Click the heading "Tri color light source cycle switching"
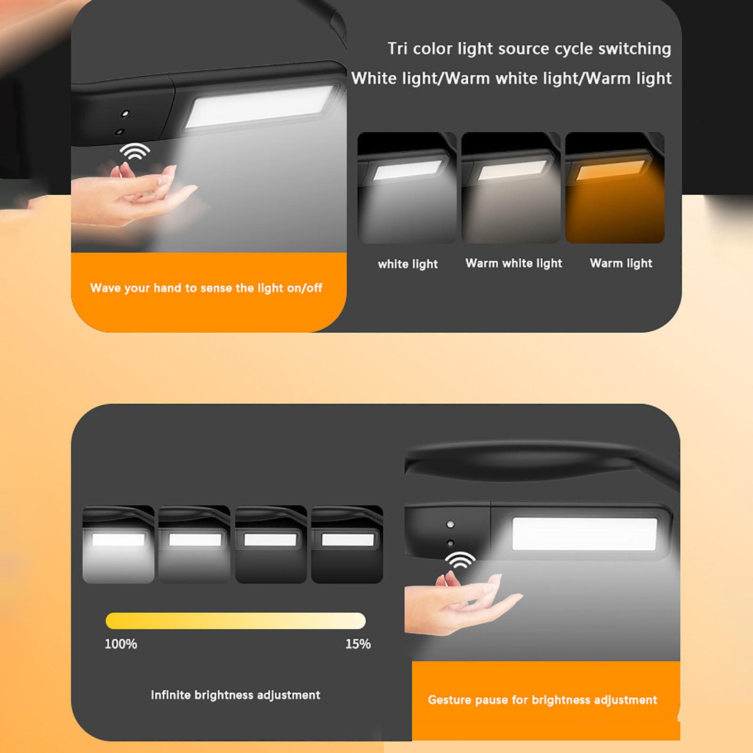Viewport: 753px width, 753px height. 529,49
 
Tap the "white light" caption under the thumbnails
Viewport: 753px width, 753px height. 408,264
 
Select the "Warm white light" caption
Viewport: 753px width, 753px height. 514,263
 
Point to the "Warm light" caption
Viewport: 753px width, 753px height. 621,263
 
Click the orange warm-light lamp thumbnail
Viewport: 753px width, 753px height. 615,188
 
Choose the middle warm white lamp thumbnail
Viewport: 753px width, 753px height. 511,188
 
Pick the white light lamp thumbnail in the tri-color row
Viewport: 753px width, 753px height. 407,188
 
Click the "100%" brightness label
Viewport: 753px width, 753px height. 121,644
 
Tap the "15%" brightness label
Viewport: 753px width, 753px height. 358,644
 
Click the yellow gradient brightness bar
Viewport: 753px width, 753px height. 236,621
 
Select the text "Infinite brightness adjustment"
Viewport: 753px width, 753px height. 235,695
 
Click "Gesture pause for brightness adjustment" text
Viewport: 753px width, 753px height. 542,700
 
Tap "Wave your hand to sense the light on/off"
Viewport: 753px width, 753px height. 206,288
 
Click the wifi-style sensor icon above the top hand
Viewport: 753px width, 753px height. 135,152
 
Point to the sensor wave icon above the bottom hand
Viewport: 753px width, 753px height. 460,561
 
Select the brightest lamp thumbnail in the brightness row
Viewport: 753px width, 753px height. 119,545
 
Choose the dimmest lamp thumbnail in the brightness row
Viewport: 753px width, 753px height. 347,545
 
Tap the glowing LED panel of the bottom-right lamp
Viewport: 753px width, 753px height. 585,534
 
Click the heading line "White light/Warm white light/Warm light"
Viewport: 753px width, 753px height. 512,78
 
